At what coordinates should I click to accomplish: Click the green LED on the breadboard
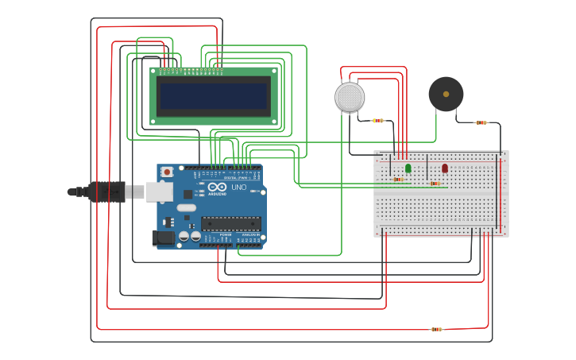pyautogui.click(x=408, y=168)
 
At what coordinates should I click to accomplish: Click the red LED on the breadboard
pyautogui.click(x=444, y=168)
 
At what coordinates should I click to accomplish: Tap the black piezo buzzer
pyautogui.click(x=446, y=94)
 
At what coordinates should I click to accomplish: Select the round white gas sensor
pyautogui.click(x=350, y=97)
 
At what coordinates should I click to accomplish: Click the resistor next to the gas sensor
pyautogui.click(x=378, y=121)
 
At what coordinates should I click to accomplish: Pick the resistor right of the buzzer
pyautogui.click(x=481, y=122)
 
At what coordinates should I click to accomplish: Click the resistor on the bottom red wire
pyautogui.click(x=435, y=328)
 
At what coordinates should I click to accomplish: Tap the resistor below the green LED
pyautogui.click(x=398, y=180)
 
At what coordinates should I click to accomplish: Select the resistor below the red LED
pyautogui.click(x=434, y=184)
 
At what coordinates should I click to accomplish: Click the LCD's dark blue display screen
pyautogui.click(x=214, y=96)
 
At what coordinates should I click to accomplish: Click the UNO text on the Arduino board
pyautogui.click(x=238, y=188)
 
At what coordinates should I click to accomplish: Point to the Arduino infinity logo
pyautogui.click(x=217, y=187)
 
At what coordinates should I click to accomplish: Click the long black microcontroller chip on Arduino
pyautogui.click(x=230, y=223)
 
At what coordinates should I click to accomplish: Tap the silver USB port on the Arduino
pyautogui.click(x=159, y=191)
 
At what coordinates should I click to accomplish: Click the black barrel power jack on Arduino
pyautogui.click(x=163, y=237)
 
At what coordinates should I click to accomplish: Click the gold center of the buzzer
pyautogui.click(x=446, y=94)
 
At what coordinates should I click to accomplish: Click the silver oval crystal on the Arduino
pyautogui.click(x=187, y=208)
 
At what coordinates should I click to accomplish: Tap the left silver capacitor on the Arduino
pyautogui.click(x=184, y=236)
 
